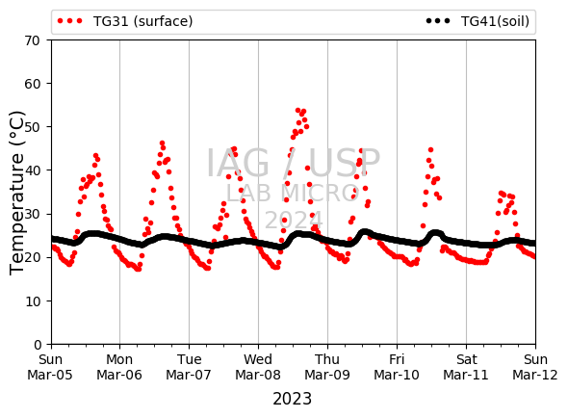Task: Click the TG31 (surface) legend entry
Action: [125, 21]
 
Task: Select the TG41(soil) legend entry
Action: [478, 21]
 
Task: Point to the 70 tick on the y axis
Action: [32, 40]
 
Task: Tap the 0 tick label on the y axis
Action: [38, 345]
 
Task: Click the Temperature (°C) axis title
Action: [16, 193]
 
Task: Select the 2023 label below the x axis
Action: [292, 399]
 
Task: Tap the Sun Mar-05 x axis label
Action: [50, 367]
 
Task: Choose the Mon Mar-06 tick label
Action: [119, 367]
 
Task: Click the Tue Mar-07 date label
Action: [189, 367]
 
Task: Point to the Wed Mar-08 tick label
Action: [258, 367]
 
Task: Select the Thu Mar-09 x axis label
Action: [327, 367]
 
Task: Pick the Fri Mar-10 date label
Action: [397, 367]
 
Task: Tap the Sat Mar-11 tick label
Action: [466, 367]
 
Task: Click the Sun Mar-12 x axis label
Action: [535, 367]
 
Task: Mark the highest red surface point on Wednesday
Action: [297, 110]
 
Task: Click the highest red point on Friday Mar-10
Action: [430, 149]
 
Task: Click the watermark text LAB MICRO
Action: [293, 193]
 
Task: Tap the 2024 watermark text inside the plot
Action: [294, 220]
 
